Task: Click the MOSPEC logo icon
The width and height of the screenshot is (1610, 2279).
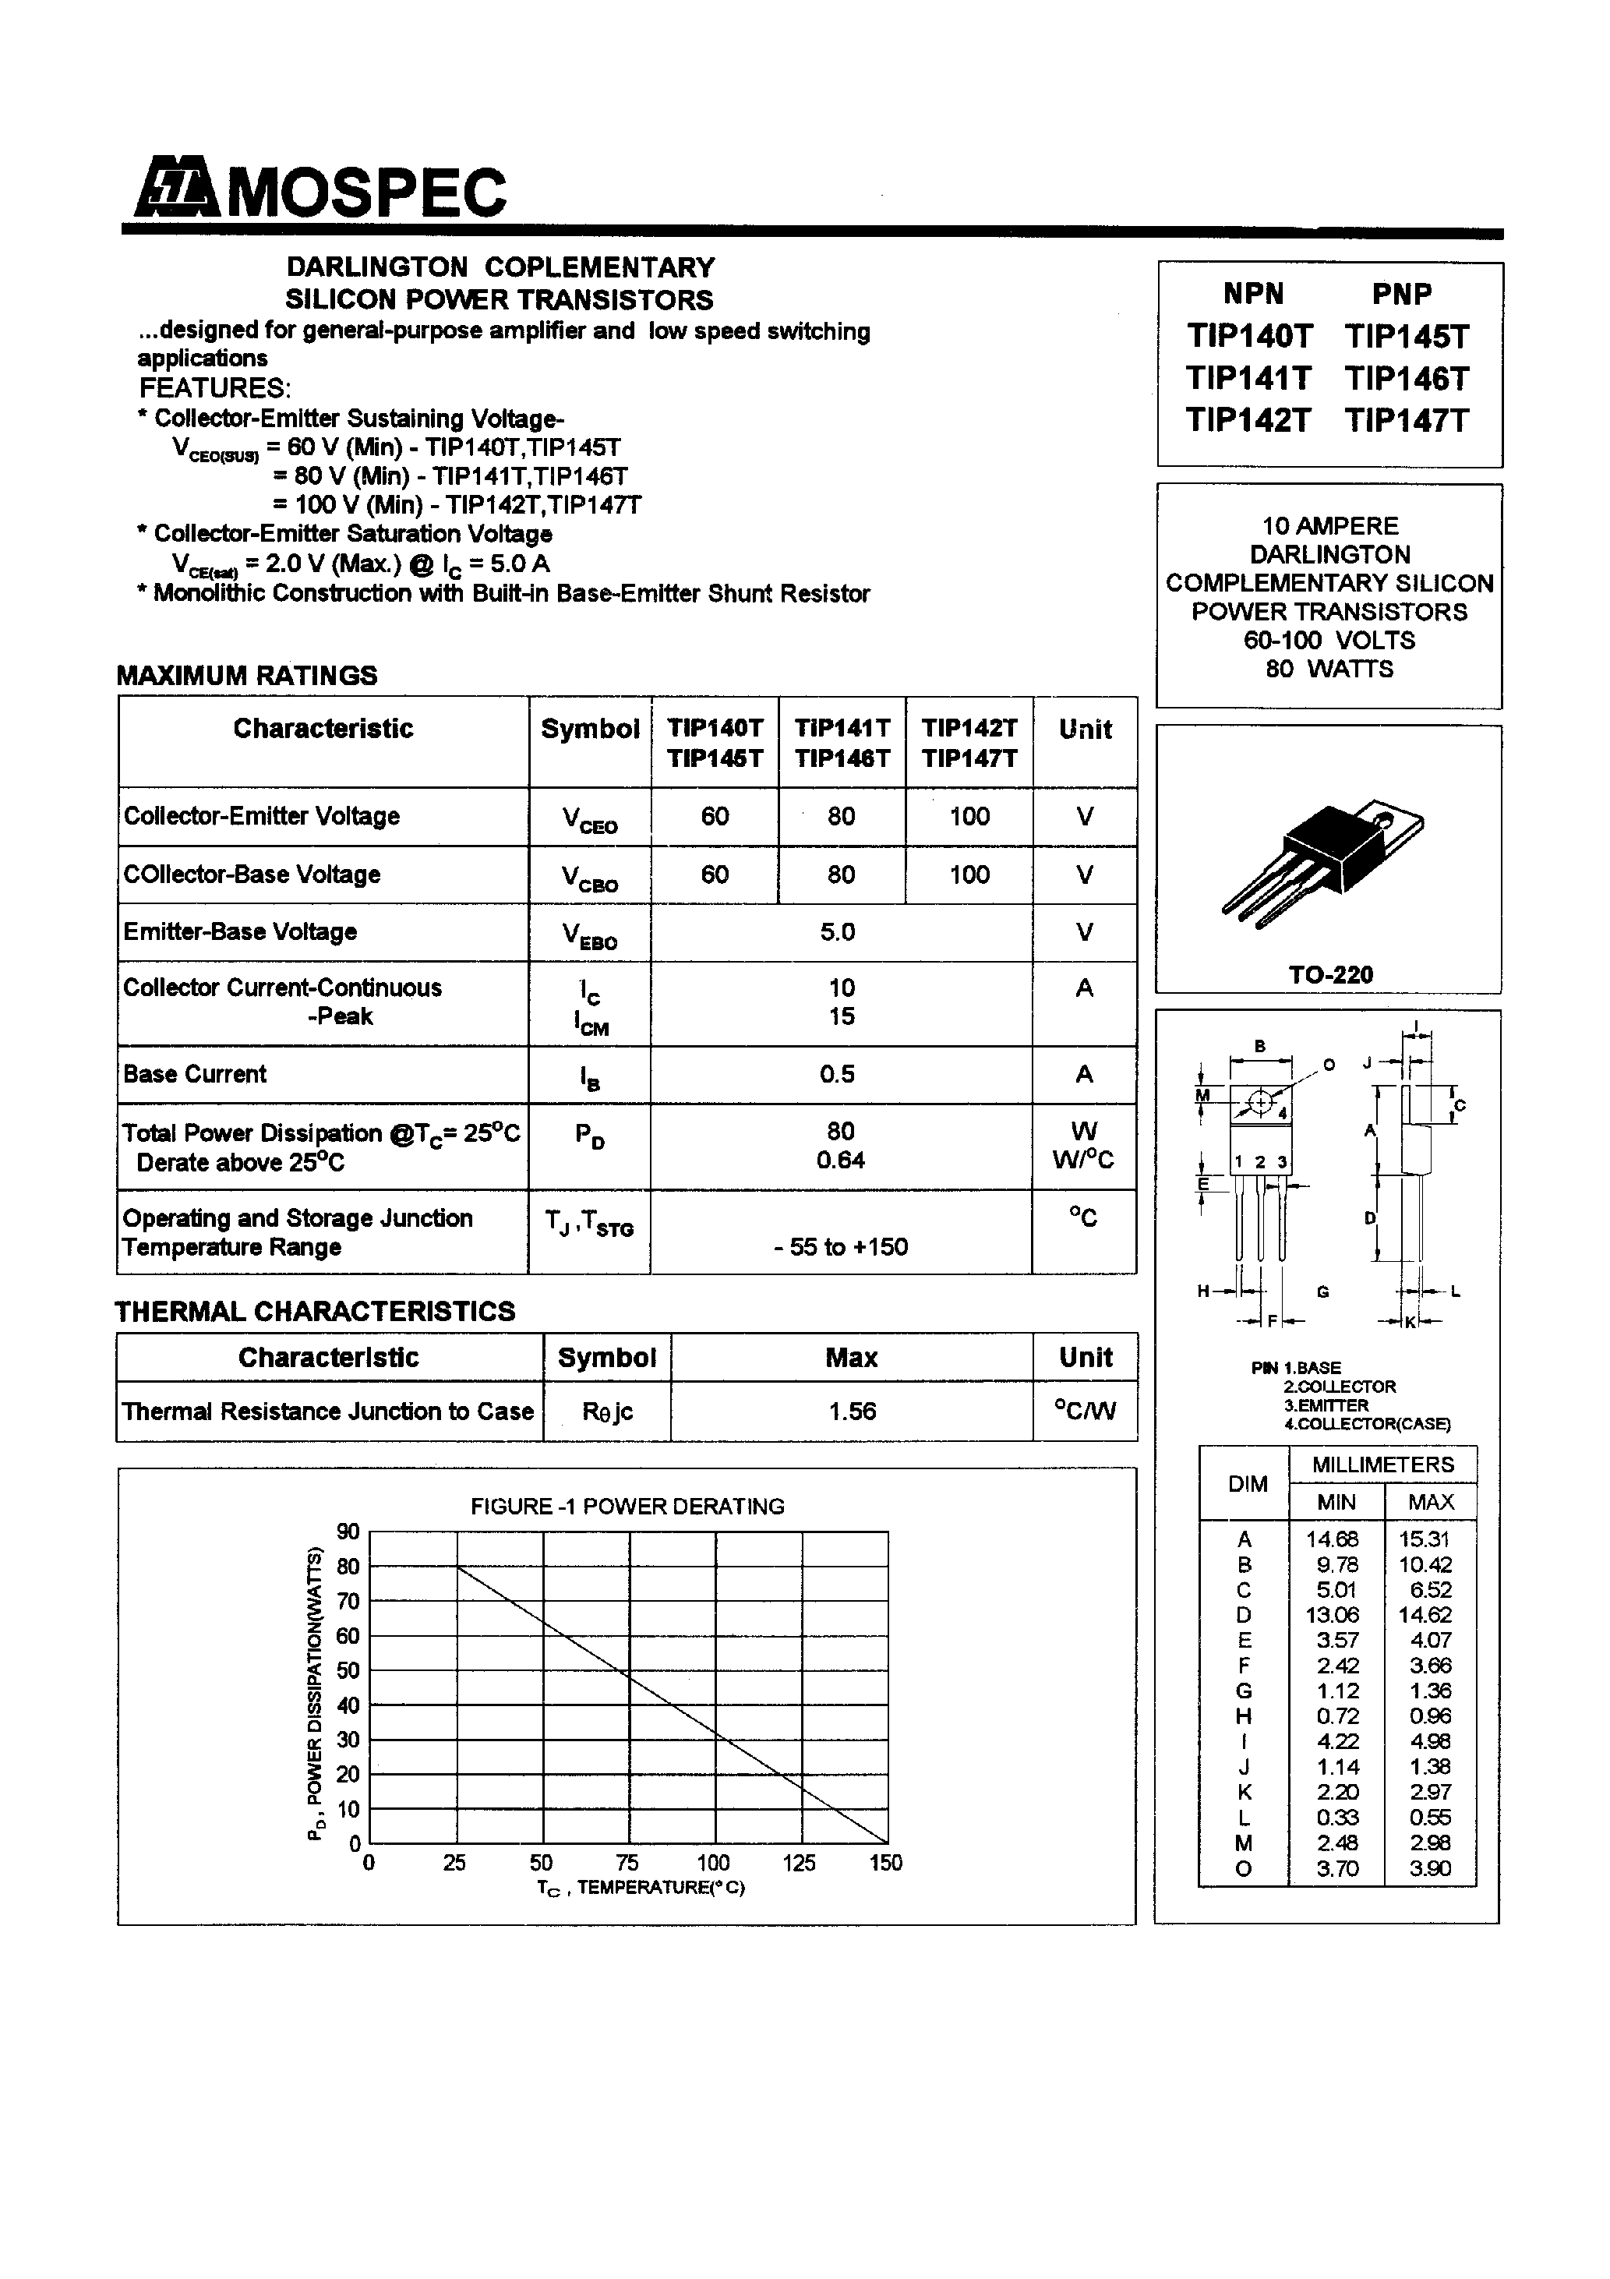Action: tap(175, 188)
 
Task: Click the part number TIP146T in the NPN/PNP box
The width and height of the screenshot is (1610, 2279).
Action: tap(1407, 378)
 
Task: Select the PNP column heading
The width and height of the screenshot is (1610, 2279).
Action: tap(1402, 294)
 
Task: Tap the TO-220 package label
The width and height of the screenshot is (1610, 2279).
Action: tap(1330, 975)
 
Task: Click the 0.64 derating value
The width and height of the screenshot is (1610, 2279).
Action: tap(841, 1159)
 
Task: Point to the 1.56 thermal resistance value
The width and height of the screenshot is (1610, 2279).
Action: tap(853, 1412)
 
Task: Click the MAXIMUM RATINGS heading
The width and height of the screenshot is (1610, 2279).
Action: tap(247, 675)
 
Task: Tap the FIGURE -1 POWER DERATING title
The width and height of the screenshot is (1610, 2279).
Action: tap(627, 1506)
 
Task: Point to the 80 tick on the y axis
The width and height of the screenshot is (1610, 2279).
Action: tap(348, 1567)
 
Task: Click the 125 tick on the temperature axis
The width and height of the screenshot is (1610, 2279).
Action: tap(799, 1863)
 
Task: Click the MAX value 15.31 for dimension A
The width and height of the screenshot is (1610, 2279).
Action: tap(1425, 1539)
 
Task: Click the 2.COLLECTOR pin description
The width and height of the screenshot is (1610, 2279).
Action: tap(1339, 1386)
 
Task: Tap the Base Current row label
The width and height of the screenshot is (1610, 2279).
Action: tap(195, 1074)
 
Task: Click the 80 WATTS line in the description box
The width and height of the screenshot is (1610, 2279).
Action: tap(1329, 669)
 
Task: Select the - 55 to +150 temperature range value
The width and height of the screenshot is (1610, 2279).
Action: tap(841, 1247)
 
